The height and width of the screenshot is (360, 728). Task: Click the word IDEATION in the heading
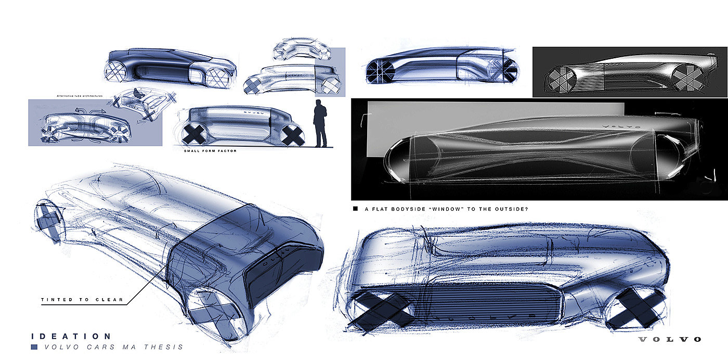pos(71,337)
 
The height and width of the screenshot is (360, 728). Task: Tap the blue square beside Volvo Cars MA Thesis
pos(34,347)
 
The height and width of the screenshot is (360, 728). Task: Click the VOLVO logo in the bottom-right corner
pos(670,340)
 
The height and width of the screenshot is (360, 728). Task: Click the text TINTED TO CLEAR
pos(82,300)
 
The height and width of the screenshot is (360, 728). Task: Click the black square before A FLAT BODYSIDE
pos(356,209)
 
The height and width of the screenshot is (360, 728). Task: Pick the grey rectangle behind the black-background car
pos(494,112)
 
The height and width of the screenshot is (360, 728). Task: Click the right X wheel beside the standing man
pos(293,135)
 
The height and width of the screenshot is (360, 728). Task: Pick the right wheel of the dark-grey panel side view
pos(687,78)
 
